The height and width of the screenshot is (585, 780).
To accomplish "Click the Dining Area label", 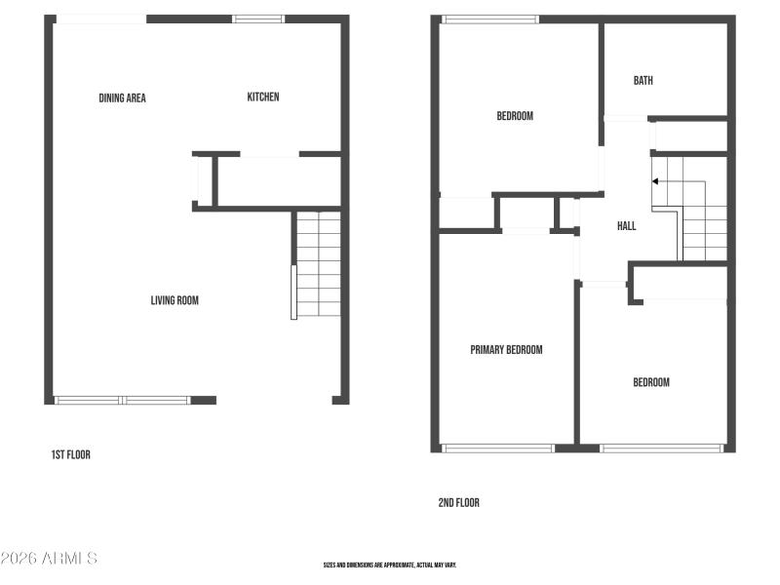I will pos(123,97).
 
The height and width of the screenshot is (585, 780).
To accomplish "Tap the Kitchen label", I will pos(263,97).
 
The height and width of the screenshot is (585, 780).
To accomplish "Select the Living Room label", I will pos(175,300).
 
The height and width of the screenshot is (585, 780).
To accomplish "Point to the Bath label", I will pos(643,81).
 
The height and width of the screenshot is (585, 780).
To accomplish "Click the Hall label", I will pos(627,226).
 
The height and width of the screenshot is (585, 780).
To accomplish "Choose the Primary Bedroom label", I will pos(506,350).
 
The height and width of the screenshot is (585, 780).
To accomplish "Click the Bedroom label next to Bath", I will pos(515,116).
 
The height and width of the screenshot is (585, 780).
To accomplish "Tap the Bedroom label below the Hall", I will pos(651,382).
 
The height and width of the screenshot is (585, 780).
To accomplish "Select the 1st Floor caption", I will pos(71,454).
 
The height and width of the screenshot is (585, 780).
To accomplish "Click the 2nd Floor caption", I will pos(458,503).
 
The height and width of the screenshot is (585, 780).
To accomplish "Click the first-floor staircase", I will pos(318,263).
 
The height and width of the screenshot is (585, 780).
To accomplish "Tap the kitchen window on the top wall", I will pos(259,19).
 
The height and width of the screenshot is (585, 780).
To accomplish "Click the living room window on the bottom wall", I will pos(123,400).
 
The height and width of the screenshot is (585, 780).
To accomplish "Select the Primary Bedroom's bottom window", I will pos(498,448).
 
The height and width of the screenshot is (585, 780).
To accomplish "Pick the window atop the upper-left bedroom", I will pos(490,19).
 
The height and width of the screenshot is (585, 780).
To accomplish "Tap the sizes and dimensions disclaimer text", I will pos(390,565).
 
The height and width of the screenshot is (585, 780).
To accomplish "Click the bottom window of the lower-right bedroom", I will pos(661,448).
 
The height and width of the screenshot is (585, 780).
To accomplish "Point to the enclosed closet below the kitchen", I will pos(278,181).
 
